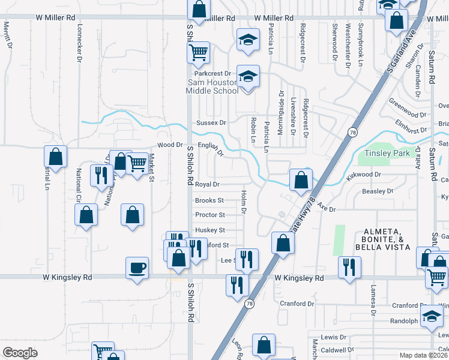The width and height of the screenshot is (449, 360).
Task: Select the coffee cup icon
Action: coord(137,267)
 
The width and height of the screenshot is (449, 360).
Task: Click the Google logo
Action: coord(20,352)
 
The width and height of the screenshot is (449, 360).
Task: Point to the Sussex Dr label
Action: coord(211,122)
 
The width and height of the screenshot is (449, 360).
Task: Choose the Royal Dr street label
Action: coord(208,185)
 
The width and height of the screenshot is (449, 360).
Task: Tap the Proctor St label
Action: coord(209,215)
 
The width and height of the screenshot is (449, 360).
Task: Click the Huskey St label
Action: coord(209,230)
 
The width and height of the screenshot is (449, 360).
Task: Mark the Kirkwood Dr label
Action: coord(364,175)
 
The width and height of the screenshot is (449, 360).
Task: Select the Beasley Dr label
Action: coord(377,191)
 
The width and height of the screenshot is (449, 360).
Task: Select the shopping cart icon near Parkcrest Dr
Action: coord(198,52)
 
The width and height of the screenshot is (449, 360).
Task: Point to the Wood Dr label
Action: coord(170,145)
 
